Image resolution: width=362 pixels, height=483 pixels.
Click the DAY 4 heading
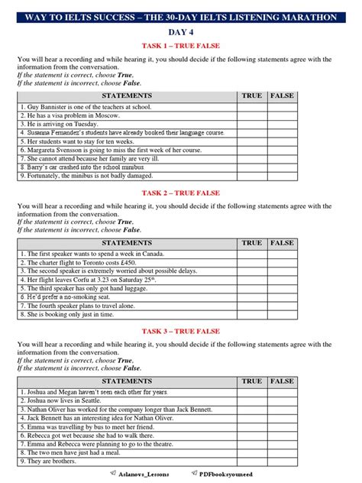point(180,32)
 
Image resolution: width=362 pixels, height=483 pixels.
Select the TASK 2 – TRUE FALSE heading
point(180,193)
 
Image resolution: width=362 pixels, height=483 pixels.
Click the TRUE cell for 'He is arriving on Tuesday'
point(251,123)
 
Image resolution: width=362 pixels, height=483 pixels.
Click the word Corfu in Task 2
point(76,279)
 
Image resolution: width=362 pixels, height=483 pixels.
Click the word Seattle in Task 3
point(82,400)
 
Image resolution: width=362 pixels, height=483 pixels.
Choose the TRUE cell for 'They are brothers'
point(251,461)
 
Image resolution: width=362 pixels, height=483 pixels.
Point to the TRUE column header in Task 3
point(251,381)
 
